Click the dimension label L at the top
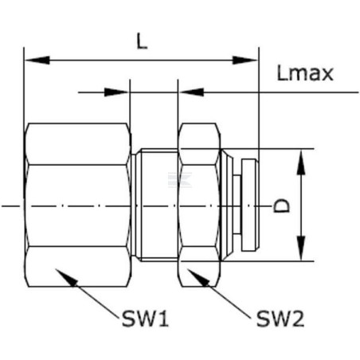142,41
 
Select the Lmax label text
305,73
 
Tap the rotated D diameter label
281,205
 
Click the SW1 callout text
145,319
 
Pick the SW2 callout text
280,319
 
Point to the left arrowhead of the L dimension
37,61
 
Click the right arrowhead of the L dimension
245,61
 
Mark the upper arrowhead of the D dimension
301,162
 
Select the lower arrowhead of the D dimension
301,248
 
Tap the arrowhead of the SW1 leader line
66,277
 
